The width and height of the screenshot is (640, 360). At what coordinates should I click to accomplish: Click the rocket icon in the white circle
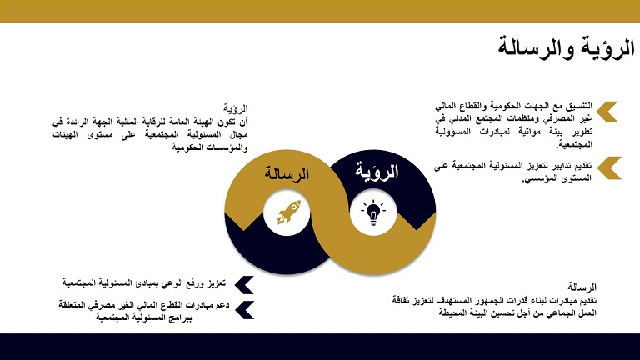(289, 212)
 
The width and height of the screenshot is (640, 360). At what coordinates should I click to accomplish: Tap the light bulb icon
(373, 212)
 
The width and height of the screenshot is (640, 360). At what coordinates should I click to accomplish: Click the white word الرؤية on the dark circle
(377, 171)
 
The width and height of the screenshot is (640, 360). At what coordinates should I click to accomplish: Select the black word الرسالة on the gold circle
(287, 174)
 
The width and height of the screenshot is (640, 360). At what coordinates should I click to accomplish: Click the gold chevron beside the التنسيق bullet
(607, 112)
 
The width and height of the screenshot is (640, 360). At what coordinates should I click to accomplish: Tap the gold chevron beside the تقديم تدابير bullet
(609, 167)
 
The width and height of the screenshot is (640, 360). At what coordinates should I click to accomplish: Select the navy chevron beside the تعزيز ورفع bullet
(244, 285)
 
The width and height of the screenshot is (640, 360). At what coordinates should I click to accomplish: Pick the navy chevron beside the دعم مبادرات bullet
(245, 310)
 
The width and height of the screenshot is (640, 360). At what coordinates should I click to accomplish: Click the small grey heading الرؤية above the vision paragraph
(236, 108)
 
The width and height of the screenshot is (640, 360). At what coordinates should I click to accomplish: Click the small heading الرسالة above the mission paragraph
(582, 287)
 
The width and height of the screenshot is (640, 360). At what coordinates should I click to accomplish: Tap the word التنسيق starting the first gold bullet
(577, 106)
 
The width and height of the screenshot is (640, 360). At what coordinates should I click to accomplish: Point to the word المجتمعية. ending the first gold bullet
(574, 144)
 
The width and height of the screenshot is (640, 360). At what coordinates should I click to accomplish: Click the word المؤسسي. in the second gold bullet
(539, 179)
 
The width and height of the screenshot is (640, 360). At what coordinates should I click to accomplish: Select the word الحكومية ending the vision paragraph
(187, 147)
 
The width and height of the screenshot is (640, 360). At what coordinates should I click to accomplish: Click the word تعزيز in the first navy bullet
(216, 282)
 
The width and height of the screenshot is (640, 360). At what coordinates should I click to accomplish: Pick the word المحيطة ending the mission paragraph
(455, 313)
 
